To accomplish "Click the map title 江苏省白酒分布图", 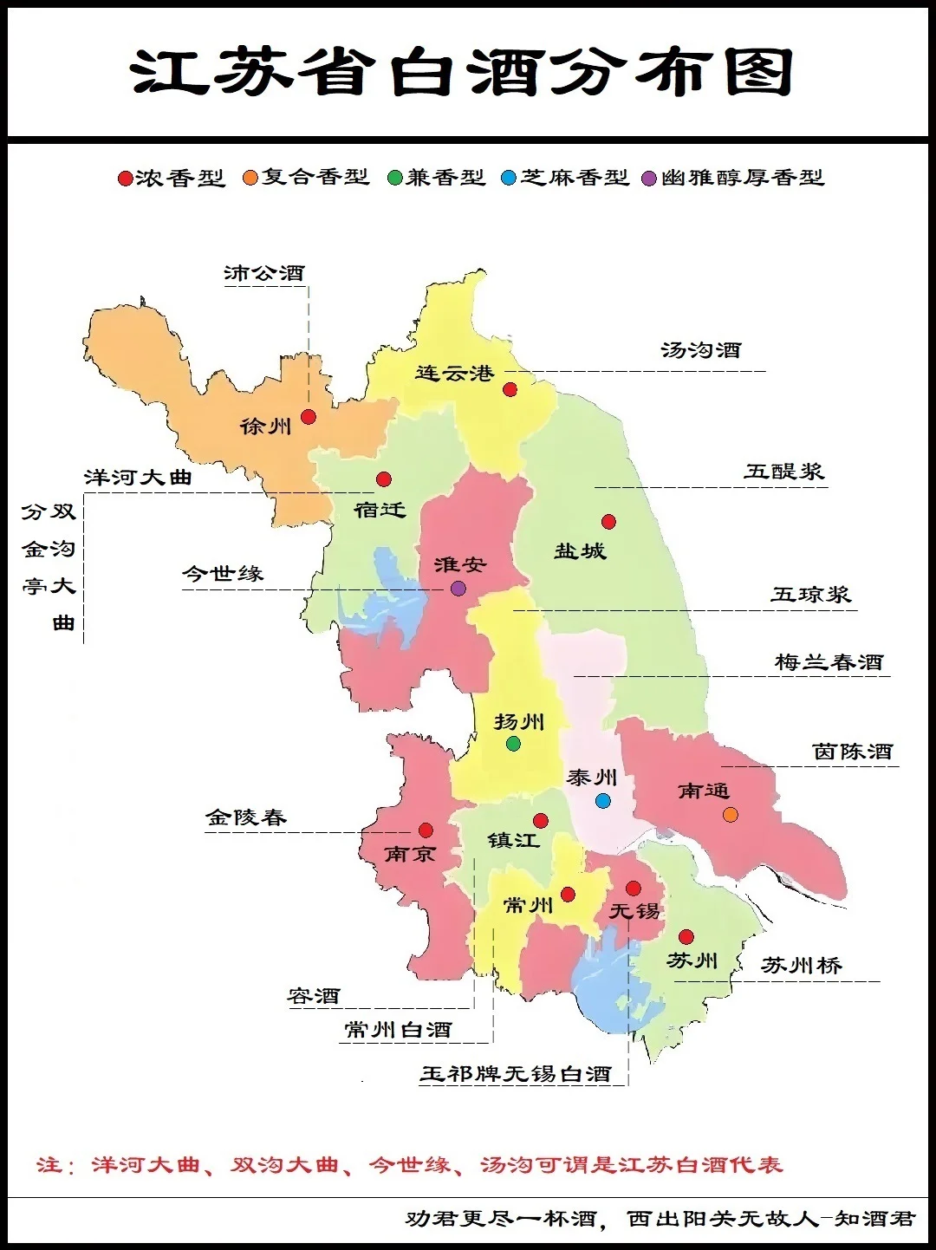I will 463,72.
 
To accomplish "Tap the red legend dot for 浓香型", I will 125,179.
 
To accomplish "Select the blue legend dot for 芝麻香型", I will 509,179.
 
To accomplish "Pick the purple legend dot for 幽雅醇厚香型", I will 649,179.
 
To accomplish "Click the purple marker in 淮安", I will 458,589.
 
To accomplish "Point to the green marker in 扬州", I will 513,744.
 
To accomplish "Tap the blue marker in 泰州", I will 603,801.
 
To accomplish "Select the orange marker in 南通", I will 731,815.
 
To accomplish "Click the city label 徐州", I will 265,426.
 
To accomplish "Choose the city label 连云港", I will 454,374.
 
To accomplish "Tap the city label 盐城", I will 580,551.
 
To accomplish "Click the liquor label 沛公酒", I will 264,274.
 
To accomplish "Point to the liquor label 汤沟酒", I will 701,351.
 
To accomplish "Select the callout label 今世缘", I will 223,574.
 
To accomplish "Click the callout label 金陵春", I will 245,817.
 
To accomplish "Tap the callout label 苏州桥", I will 801,966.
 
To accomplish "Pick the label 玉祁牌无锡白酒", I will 516,1075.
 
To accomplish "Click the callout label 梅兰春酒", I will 829,663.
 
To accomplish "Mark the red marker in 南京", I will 426,830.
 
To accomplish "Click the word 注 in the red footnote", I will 48,1165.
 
